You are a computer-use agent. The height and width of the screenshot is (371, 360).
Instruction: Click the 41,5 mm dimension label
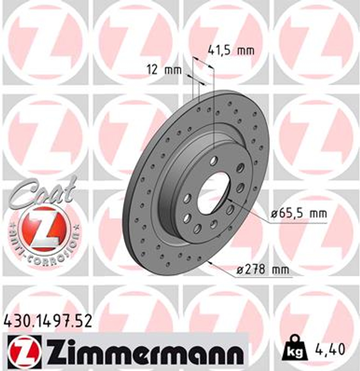pyautogui.click(x=231, y=51)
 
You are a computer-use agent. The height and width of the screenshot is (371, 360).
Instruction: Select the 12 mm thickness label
pyautogui.click(x=164, y=69)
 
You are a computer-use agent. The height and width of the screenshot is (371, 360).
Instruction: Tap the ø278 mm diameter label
pyautogui.click(x=263, y=270)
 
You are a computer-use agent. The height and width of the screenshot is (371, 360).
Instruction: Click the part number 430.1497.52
pyautogui.click(x=47, y=320)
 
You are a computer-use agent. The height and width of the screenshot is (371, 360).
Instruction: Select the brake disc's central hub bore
pyautogui.click(x=213, y=193)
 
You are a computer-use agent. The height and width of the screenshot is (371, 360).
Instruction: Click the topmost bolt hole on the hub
pyautogui.click(x=213, y=160)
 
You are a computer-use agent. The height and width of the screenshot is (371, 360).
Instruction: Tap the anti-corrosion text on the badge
pyautogui.click(x=43, y=248)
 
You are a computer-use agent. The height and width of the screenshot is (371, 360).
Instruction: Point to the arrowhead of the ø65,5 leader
pyautogui.click(x=229, y=200)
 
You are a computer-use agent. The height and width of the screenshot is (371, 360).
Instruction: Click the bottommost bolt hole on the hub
pyautogui.click(x=197, y=228)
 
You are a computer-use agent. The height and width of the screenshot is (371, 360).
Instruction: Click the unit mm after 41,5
pyautogui.click(x=246, y=51)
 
